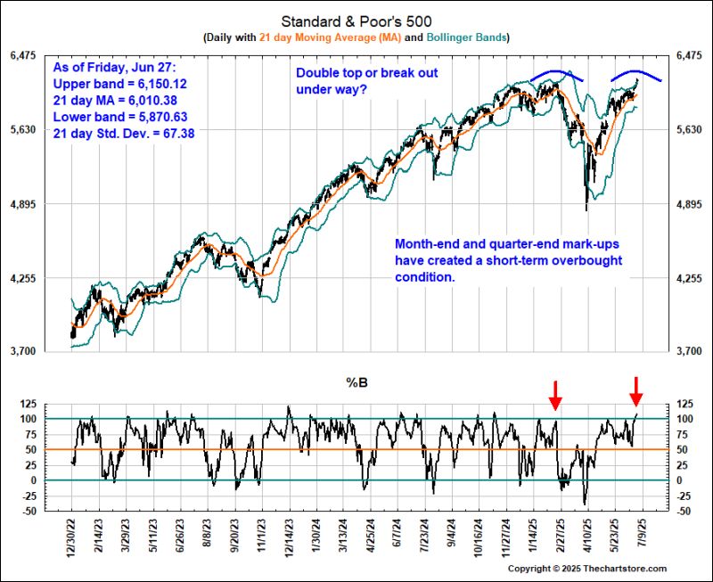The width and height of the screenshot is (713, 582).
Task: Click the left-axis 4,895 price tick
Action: click(x=25, y=204)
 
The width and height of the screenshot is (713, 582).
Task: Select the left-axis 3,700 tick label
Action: click(x=25, y=352)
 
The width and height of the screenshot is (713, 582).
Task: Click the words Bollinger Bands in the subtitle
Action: click(x=468, y=37)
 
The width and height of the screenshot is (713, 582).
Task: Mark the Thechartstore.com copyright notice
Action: click(x=587, y=568)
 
